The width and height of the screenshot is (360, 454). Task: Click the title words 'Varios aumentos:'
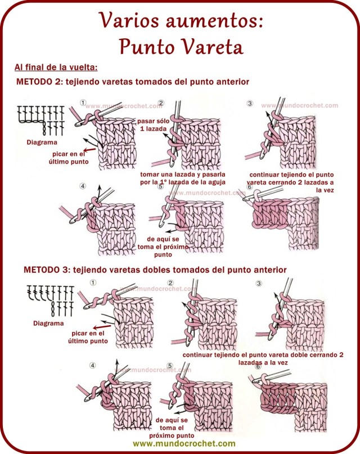click(180, 21)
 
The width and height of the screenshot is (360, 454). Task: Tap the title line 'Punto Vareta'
click(180, 47)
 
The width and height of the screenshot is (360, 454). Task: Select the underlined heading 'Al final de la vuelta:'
click(56, 68)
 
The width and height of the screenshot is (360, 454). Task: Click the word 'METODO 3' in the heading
click(47, 270)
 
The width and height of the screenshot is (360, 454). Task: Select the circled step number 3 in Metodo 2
click(250, 104)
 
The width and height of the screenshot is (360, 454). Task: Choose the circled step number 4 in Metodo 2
click(83, 186)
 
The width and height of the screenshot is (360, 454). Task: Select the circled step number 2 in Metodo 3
click(170, 284)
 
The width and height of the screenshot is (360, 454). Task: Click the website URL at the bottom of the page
click(180, 444)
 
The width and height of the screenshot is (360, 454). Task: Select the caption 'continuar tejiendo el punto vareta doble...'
click(263, 359)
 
